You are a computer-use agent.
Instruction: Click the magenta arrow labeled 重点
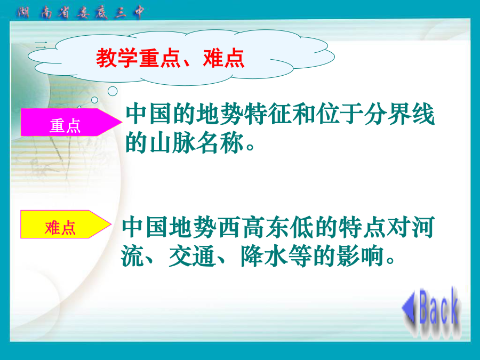(x=71, y=122)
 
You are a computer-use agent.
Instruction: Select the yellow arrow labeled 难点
(x=66, y=225)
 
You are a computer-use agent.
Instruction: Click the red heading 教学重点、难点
(x=170, y=58)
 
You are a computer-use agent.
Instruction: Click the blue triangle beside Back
(x=409, y=307)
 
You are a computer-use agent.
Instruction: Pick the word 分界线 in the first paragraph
(x=399, y=114)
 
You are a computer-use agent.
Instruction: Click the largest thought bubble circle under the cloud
(x=113, y=91)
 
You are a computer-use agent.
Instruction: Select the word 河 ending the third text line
(x=423, y=227)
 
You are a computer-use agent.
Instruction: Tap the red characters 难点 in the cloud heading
(x=223, y=58)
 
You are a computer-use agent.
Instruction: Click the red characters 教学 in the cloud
(x=117, y=58)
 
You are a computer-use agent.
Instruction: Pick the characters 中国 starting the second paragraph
(x=145, y=227)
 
